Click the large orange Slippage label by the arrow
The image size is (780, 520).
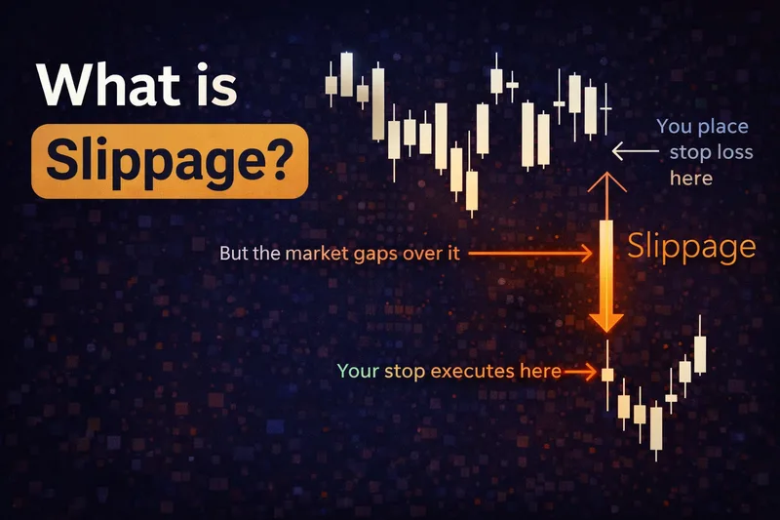tap(691, 246)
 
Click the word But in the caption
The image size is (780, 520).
tap(235, 254)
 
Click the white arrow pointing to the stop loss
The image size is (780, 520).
tap(634, 151)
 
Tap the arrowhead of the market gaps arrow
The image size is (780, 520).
tap(587, 254)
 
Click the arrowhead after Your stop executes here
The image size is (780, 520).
tap(590, 372)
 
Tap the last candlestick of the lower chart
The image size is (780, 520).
tap(699, 353)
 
